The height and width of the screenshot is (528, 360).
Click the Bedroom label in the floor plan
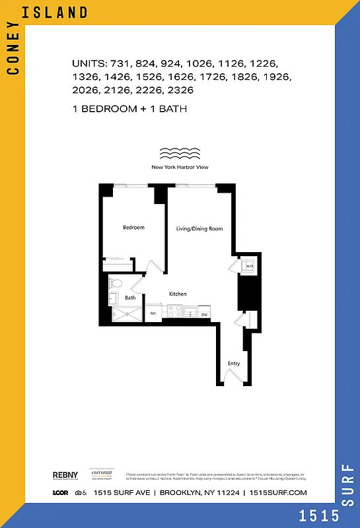pyautogui.click(x=133, y=228)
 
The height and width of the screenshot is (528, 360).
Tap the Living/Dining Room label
pyautogui.click(x=199, y=229)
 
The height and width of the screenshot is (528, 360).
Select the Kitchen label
pyautogui.click(x=177, y=294)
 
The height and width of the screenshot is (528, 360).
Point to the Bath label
pyautogui.click(x=130, y=298)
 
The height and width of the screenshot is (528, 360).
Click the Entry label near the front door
pyautogui.click(x=234, y=364)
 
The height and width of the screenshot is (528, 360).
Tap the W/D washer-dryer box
pyautogui.click(x=249, y=267)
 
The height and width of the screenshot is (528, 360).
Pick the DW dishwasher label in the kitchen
pyautogui.click(x=204, y=314)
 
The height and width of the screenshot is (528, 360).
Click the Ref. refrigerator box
pyautogui.click(x=154, y=313)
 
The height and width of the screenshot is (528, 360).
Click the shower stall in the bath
pyautogui.click(x=126, y=316)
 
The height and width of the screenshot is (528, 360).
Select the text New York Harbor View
pyautogui.click(x=180, y=168)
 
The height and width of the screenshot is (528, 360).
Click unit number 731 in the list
pyautogui.click(x=124, y=65)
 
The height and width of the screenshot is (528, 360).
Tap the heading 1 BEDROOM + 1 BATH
pyautogui.click(x=129, y=108)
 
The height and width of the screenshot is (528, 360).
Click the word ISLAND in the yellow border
pyautogui.click(x=63, y=13)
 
